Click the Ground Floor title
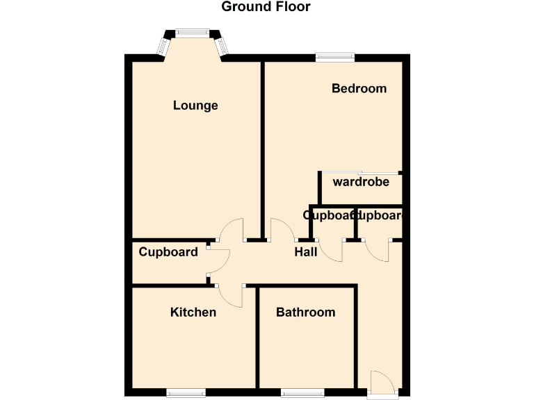pos(266,7)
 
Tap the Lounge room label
pos(195,106)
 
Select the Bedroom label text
pos(359,89)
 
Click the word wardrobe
pos(361,183)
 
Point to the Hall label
pos(306,252)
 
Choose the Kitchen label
pos(193,312)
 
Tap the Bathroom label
pos(306,312)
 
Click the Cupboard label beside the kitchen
pos(168,252)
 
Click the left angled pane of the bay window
pos(163,46)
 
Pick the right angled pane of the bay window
pos(222,46)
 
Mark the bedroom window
pos(335,58)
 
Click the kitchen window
pos(186,393)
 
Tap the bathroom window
pos(302,393)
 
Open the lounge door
pos(232,229)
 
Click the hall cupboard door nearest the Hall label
pos(332,251)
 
